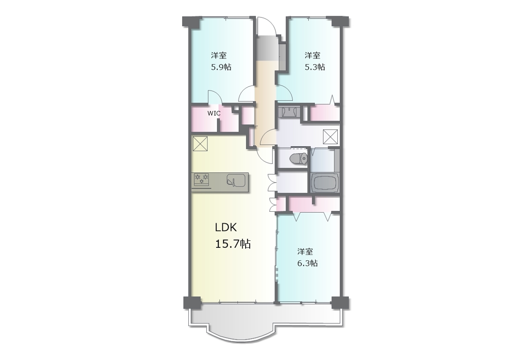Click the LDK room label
pyautogui.click(x=226, y=228)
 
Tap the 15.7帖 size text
pyautogui.click(x=233, y=244)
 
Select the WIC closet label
pyautogui.click(x=214, y=113)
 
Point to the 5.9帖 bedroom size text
pyautogui.click(x=221, y=67)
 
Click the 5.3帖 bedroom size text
pyautogui.click(x=314, y=67)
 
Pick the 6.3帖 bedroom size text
pyautogui.click(x=307, y=263)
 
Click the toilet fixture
pyautogui.click(x=299, y=158)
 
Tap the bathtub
pyautogui.click(x=324, y=183)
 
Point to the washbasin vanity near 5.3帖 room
pyautogui.click(x=289, y=112)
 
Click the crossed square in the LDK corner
pyautogui.click(x=200, y=144)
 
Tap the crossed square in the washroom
pyautogui.click(x=331, y=137)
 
